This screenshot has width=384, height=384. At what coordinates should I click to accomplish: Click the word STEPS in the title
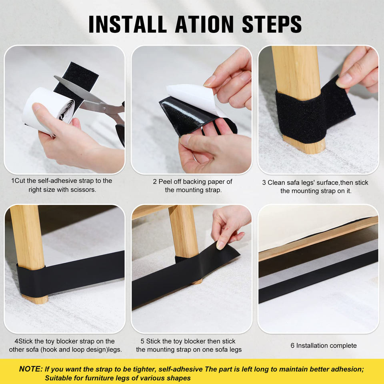pos(272,24)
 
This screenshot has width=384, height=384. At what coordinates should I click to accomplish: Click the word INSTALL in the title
pos(128,24)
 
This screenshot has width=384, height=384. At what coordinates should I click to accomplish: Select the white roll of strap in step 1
pos(48,109)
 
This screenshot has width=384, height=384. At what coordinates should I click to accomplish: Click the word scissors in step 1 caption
pos(83,190)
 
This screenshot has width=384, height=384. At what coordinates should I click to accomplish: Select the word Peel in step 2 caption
pos(165,182)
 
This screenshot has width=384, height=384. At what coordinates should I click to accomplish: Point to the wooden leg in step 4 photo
pos(28,252)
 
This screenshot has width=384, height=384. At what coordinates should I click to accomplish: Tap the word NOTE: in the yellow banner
pos(31,369)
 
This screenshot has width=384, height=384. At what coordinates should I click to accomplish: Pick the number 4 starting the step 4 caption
pos(16,341)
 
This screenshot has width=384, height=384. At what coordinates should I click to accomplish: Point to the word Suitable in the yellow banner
pos(57,378)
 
